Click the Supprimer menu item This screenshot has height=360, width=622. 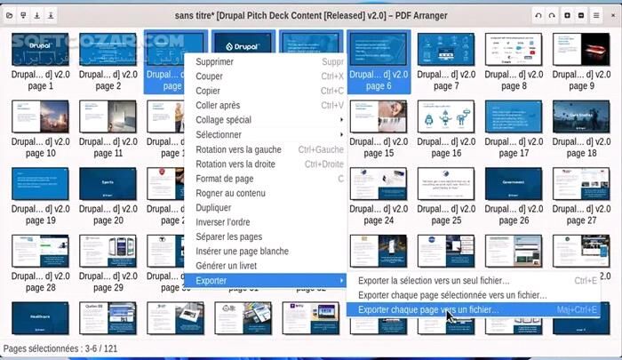(215, 62)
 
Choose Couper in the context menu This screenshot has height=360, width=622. (210, 76)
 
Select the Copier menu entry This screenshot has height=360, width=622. (209, 91)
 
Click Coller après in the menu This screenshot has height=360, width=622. (218, 106)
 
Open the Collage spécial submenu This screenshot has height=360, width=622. (223, 120)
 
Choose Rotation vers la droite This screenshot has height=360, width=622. (235, 164)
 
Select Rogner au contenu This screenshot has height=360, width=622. (230, 193)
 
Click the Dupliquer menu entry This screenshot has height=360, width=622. (214, 207)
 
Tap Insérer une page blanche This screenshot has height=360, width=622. (242, 251)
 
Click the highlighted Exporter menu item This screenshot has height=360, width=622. (211, 281)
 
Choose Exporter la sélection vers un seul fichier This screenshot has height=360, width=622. (434, 281)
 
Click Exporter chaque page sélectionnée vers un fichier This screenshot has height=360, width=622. (452, 295)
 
